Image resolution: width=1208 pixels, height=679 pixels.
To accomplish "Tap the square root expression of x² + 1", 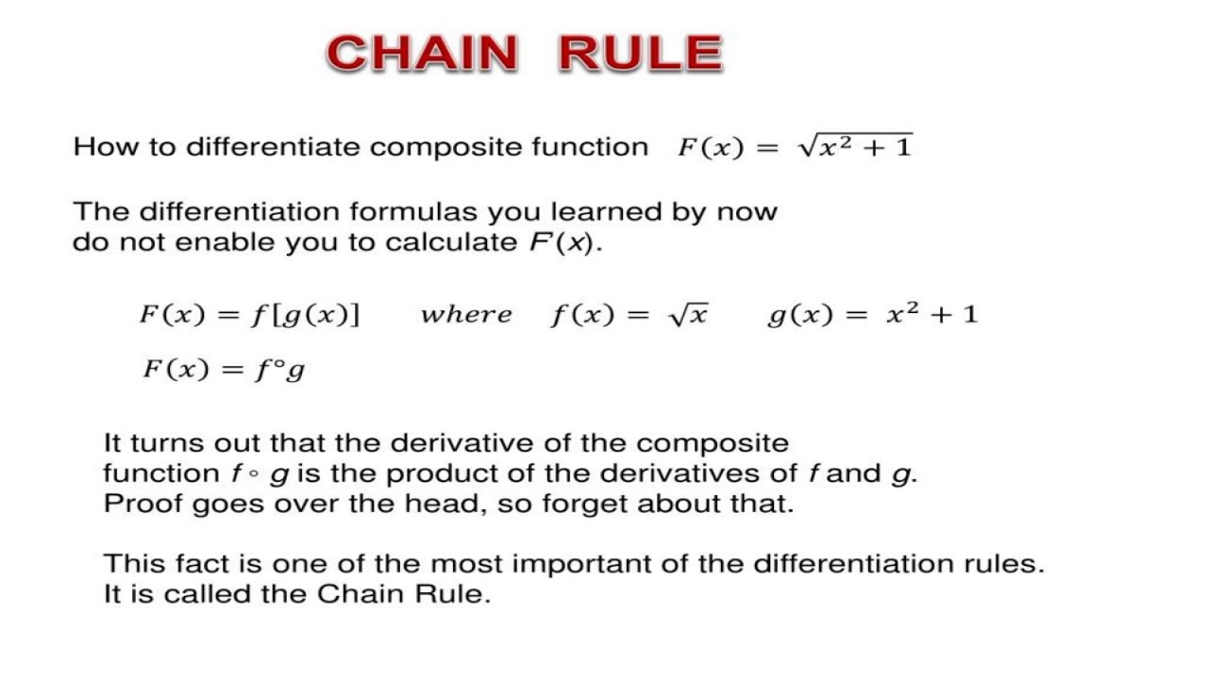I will [x=855, y=147].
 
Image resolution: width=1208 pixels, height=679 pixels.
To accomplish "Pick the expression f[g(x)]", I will [x=305, y=315].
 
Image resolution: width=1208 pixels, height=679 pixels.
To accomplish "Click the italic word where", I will [x=466, y=315].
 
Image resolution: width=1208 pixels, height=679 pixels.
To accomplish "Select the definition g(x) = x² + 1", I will [x=872, y=315].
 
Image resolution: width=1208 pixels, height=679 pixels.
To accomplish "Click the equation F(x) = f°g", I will [x=224, y=369].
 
